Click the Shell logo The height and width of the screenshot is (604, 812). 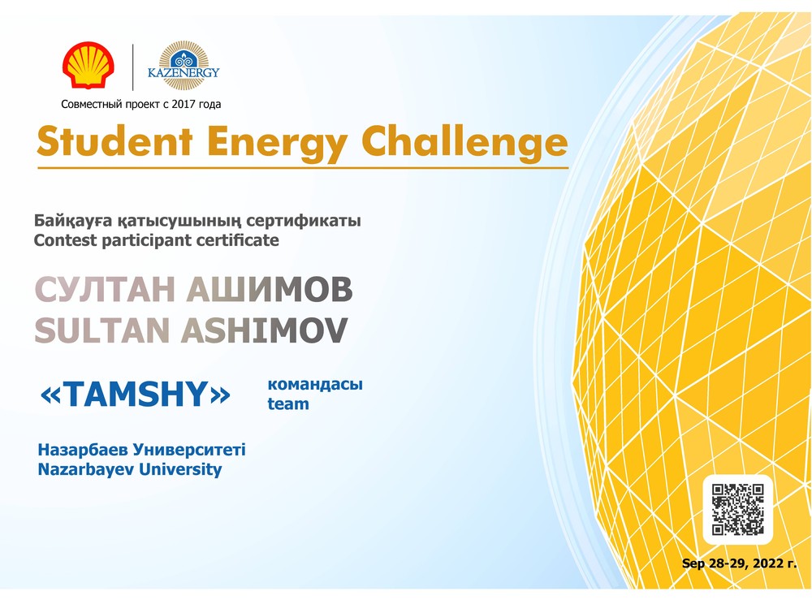pyautogui.click(x=88, y=65)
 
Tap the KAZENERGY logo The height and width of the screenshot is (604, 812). pyautogui.click(x=184, y=66)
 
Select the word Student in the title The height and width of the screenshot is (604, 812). pyautogui.click(x=115, y=141)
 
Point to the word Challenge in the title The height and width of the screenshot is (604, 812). pyautogui.click(x=464, y=142)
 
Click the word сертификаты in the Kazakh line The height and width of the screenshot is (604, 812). pyautogui.click(x=304, y=221)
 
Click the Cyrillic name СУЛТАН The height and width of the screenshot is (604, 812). pyautogui.click(x=105, y=289)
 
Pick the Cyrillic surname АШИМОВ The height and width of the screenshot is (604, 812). pyautogui.click(x=270, y=289)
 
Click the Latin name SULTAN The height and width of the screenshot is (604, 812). pyautogui.click(x=102, y=330)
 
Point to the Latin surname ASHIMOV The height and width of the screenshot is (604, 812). pyautogui.click(x=264, y=330)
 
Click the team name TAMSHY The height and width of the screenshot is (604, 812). pyautogui.click(x=135, y=395)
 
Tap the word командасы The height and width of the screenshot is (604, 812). pyautogui.click(x=315, y=385)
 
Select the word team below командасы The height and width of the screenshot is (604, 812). pyautogui.click(x=288, y=403)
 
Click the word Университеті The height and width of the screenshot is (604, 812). pyautogui.click(x=189, y=450)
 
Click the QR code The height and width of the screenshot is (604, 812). pyautogui.click(x=737, y=509)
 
